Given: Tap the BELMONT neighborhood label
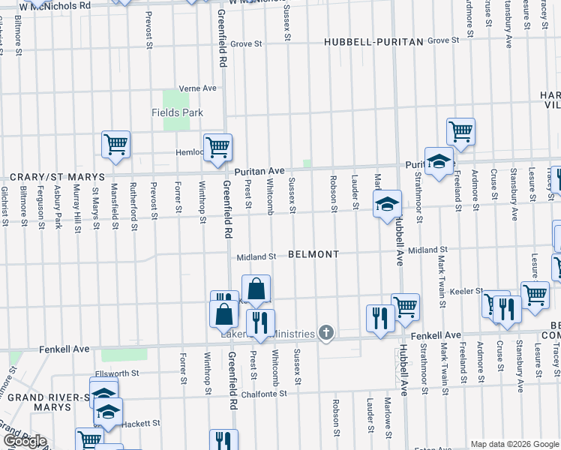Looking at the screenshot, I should [x=313, y=255].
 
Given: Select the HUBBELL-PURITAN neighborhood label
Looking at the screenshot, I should [x=373, y=42].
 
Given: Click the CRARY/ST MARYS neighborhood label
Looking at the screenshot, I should [x=50, y=178].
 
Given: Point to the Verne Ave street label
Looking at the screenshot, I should [x=196, y=88].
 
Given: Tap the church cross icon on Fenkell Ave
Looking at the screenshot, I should [x=325, y=333].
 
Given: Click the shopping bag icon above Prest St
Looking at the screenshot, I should [x=256, y=289].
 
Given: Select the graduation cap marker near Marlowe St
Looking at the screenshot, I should [x=386, y=204].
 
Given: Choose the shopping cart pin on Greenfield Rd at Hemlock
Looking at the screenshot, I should [x=217, y=146].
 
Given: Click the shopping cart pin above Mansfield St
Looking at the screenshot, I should [x=115, y=144].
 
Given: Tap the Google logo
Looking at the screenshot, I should [x=24, y=441].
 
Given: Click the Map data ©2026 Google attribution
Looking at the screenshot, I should [x=514, y=444].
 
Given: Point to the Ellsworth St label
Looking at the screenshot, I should [x=117, y=373].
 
